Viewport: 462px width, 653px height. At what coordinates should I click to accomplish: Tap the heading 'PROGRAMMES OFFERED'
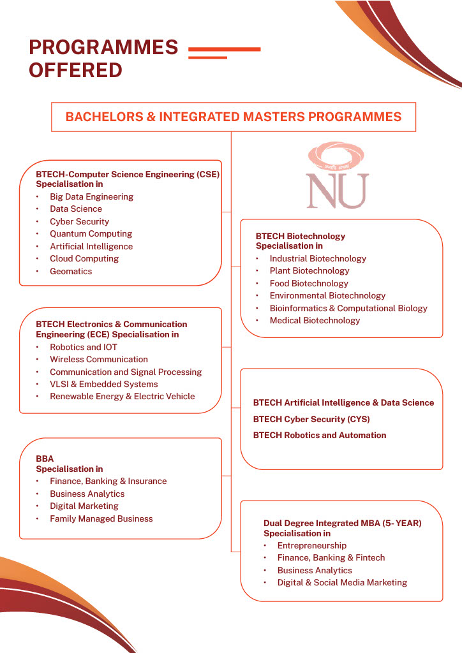click(x=103, y=58)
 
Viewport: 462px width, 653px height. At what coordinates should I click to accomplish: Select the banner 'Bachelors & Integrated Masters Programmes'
click(x=234, y=117)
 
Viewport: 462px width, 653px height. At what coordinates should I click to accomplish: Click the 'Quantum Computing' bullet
click(x=91, y=233)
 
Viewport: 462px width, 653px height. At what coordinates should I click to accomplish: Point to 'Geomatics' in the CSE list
click(x=71, y=271)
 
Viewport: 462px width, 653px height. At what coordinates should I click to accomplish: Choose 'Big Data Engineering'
click(x=92, y=196)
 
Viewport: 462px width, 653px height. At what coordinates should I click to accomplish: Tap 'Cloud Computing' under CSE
click(x=84, y=258)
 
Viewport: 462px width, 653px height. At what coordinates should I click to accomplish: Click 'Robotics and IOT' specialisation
click(x=84, y=347)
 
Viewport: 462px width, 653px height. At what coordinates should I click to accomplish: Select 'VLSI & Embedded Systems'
click(x=104, y=384)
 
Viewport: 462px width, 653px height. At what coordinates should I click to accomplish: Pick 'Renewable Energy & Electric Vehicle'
click(x=123, y=396)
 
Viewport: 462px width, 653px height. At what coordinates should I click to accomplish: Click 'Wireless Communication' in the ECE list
click(x=99, y=359)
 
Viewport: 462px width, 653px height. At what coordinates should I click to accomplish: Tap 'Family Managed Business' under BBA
click(x=101, y=518)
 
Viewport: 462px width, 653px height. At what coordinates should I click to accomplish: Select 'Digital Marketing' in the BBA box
click(x=84, y=506)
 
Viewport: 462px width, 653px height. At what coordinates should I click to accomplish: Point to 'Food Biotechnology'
click(x=309, y=283)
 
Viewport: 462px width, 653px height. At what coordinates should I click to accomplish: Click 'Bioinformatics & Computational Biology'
click(x=348, y=308)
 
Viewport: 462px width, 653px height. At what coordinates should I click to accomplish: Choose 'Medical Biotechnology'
click(x=315, y=320)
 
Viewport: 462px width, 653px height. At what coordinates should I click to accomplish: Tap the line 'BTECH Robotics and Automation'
click(x=320, y=435)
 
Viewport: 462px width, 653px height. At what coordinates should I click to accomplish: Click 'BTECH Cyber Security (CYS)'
click(x=311, y=419)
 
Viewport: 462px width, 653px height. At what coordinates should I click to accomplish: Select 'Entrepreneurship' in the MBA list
click(x=312, y=545)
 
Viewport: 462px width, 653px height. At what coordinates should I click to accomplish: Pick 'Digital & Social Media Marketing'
click(x=342, y=582)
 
